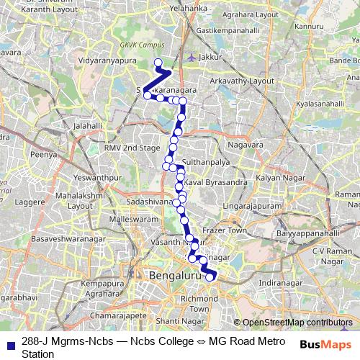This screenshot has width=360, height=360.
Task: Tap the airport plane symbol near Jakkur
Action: tap(191, 55)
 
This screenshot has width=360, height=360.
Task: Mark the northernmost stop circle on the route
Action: tap(158, 62)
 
